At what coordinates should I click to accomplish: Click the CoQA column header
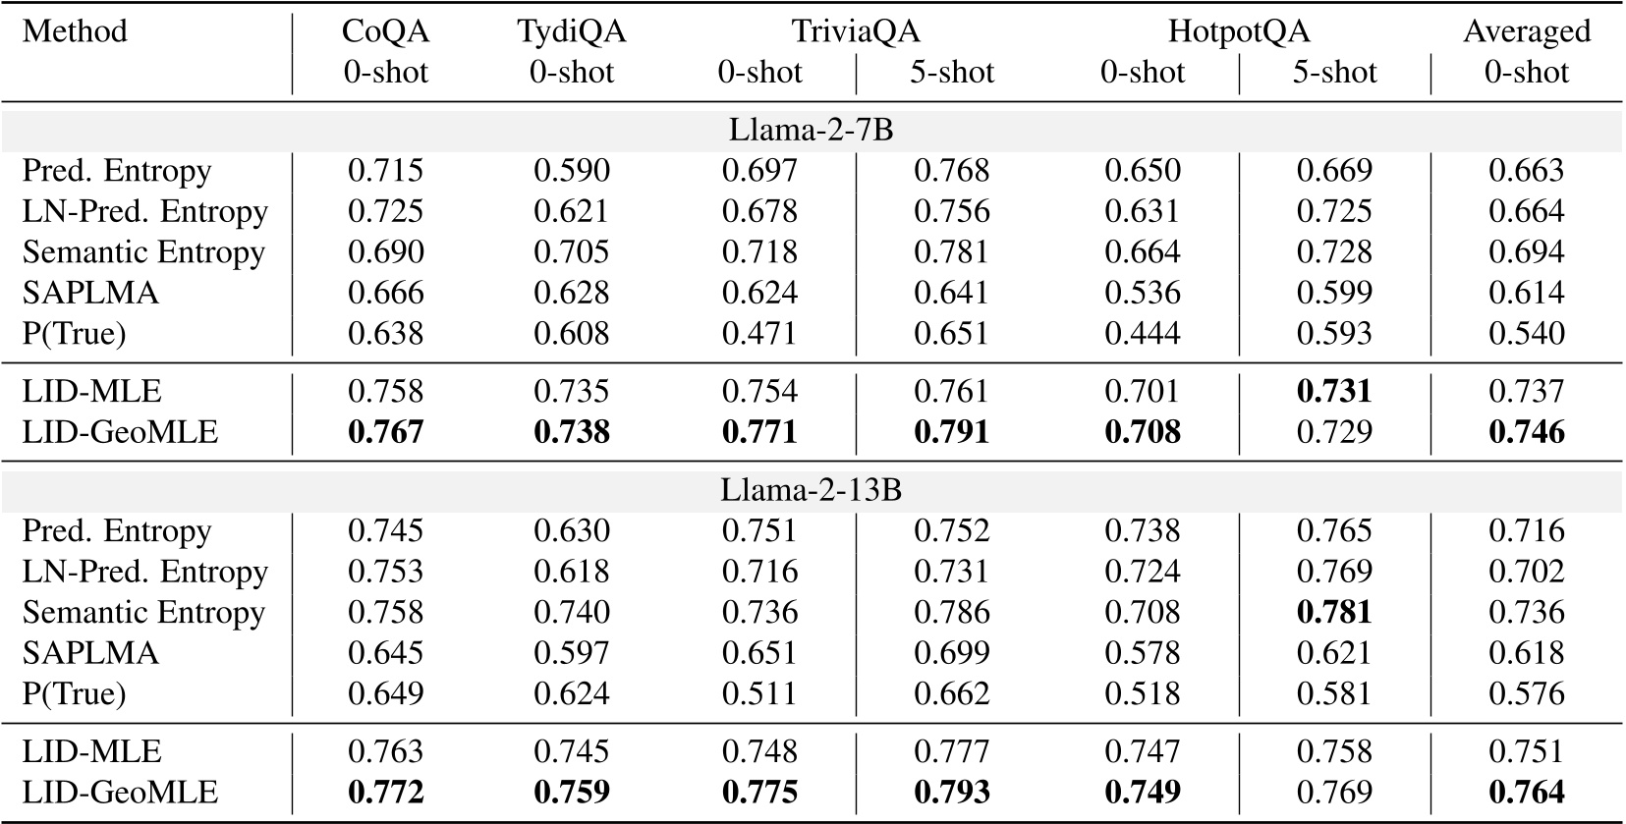click(385, 31)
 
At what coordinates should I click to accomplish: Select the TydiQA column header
click(571, 31)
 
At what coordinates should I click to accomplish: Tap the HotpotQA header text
click(1238, 31)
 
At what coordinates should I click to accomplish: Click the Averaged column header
click(1526, 31)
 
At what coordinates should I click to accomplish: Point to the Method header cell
click(75, 31)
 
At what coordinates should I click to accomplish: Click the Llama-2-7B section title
click(812, 130)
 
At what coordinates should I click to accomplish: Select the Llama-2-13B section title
click(812, 490)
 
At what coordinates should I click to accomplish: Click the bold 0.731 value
click(1333, 391)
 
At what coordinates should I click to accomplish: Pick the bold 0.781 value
click(1333, 612)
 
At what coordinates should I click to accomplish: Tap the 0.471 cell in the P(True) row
click(759, 334)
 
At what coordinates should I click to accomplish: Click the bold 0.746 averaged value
click(1526, 432)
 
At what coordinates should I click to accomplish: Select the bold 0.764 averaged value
click(1526, 793)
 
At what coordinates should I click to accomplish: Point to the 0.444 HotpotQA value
click(1142, 334)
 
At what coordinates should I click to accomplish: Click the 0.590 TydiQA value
click(571, 171)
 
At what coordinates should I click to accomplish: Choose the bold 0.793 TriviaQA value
click(951, 793)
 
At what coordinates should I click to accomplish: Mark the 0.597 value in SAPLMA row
click(571, 653)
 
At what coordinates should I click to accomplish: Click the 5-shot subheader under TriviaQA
click(951, 73)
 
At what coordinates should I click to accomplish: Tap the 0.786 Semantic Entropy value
click(951, 612)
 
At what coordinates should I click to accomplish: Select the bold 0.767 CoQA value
click(385, 432)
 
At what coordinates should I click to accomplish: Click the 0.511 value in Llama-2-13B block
click(759, 694)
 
